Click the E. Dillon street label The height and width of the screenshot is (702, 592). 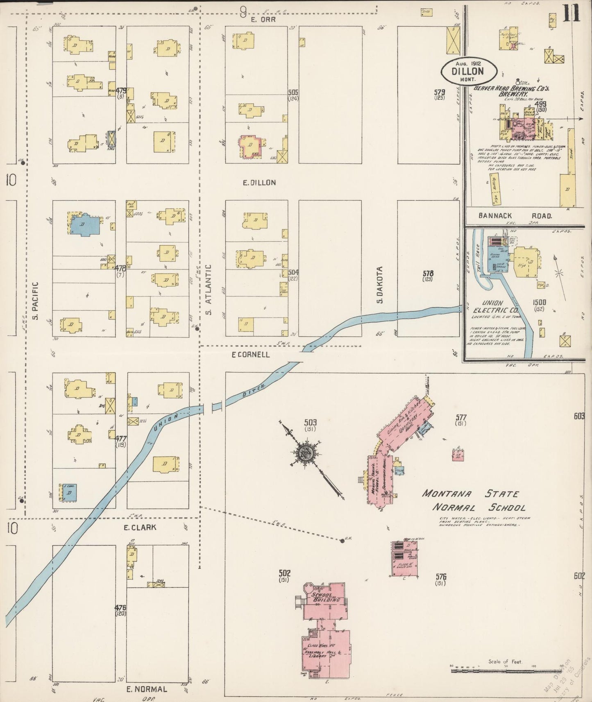coord(259,183)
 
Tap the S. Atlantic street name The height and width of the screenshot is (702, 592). coord(209,290)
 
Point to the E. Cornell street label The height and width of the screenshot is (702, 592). coord(251,354)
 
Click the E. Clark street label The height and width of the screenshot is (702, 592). coord(140,527)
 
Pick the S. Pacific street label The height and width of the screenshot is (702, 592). coord(36,301)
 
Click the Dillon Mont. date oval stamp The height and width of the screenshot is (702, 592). coord(469,71)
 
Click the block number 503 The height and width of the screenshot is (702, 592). coord(311,422)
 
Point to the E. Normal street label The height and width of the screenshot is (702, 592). coord(147,689)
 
